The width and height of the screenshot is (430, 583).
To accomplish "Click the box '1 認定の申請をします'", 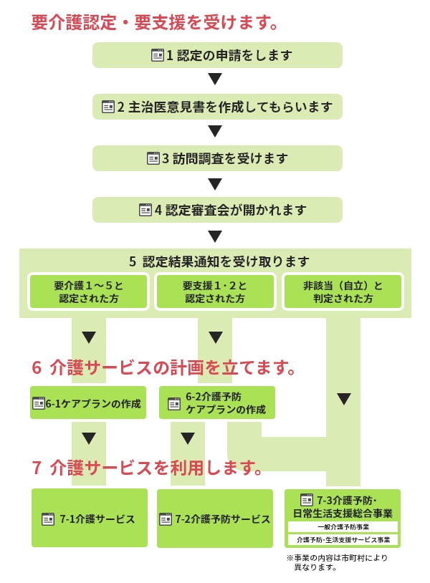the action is [x=217, y=55].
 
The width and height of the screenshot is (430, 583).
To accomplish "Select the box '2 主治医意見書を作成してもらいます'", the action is [x=217, y=107].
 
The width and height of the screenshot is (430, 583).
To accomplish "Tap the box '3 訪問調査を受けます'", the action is [x=217, y=158].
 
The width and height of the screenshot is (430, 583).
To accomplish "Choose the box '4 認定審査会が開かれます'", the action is [x=217, y=210].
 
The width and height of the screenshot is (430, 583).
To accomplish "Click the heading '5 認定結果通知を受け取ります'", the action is [x=219, y=261].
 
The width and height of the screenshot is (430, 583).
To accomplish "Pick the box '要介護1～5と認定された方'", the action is [x=89, y=292].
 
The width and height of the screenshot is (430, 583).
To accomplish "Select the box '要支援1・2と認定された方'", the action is [x=216, y=292].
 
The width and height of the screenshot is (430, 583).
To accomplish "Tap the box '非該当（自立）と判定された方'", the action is [x=343, y=292].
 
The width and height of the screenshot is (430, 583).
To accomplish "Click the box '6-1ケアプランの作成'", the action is [x=88, y=403].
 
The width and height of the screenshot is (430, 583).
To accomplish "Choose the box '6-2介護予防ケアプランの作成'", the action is [x=217, y=403].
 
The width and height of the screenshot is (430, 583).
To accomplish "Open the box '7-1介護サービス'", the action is [x=90, y=518].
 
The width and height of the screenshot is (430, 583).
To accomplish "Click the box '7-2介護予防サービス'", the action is [x=215, y=519].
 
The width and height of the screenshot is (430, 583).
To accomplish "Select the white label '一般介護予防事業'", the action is [x=343, y=527].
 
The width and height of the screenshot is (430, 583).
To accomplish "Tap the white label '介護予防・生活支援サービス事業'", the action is [x=343, y=539].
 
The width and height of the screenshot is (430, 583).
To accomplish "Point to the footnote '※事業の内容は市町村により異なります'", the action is [x=337, y=562].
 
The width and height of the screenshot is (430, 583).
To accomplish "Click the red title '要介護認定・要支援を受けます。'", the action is [x=155, y=22].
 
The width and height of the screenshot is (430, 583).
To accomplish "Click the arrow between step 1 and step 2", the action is [x=215, y=79].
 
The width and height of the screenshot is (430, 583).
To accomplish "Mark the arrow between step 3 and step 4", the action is [x=215, y=184].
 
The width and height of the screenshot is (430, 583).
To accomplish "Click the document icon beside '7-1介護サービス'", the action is [x=48, y=519].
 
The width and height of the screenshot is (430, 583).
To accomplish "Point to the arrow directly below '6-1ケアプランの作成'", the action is [x=89, y=438].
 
